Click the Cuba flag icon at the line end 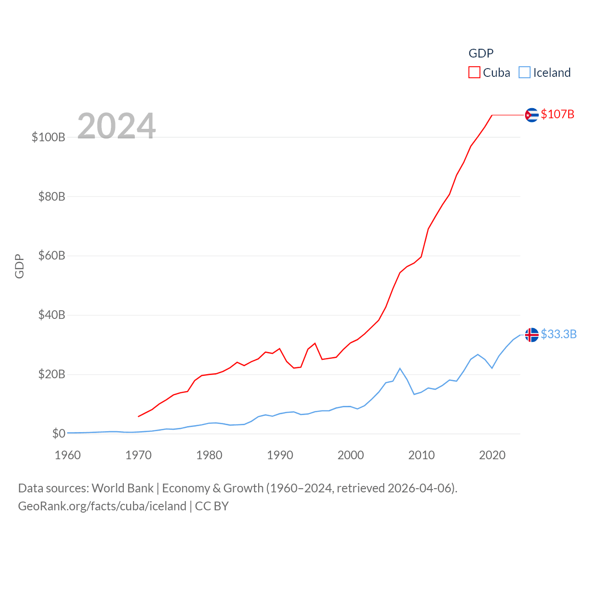[x=531, y=115]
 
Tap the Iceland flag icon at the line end [x=531, y=335]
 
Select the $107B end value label [x=558, y=114]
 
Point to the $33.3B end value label [x=559, y=334]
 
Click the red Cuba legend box [x=474, y=73]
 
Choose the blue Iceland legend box [x=525, y=73]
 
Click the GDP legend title [x=481, y=53]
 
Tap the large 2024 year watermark [x=116, y=126]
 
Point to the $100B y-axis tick [x=48, y=137]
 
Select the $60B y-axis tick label [x=52, y=255]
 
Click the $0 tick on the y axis [x=58, y=433]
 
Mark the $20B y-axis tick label [x=52, y=374]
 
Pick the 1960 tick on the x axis [x=68, y=455]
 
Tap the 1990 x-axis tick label [x=280, y=455]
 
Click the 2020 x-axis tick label [x=492, y=455]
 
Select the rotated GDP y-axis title [x=19, y=266]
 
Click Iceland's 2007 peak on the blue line [x=400, y=369]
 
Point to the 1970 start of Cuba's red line [x=139, y=416]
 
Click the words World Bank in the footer [x=122, y=488]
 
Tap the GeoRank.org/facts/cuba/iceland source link [x=102, y=506]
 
